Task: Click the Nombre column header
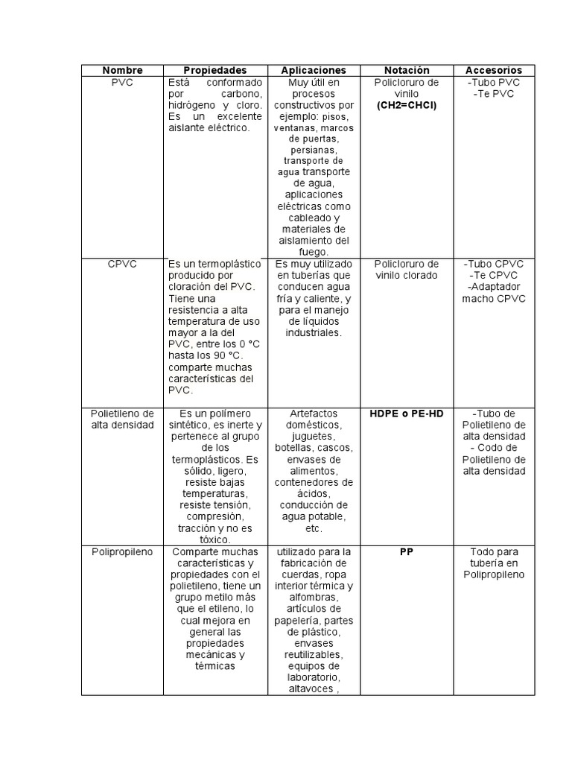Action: tap(122, 70)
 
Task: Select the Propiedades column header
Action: tap(215, 70)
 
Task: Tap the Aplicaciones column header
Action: tap(314, 70)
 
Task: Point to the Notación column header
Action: tap(407, 70)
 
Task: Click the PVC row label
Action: tap(122, 82)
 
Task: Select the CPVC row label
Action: tap(122, 264)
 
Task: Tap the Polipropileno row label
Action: tap(122, 552)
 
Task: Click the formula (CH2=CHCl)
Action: tap(407, 105)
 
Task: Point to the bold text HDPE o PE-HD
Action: tap(407, 414)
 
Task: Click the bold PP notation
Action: tap(407, 552)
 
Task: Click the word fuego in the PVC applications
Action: tap(314, 253)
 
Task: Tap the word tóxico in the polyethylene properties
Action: tap(215, 539)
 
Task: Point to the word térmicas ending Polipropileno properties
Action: tap(215, 666)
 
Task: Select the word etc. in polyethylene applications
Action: tap(314, 528)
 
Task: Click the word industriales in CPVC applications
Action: tap(314, 333)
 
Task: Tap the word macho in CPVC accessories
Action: tap(477, 299)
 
